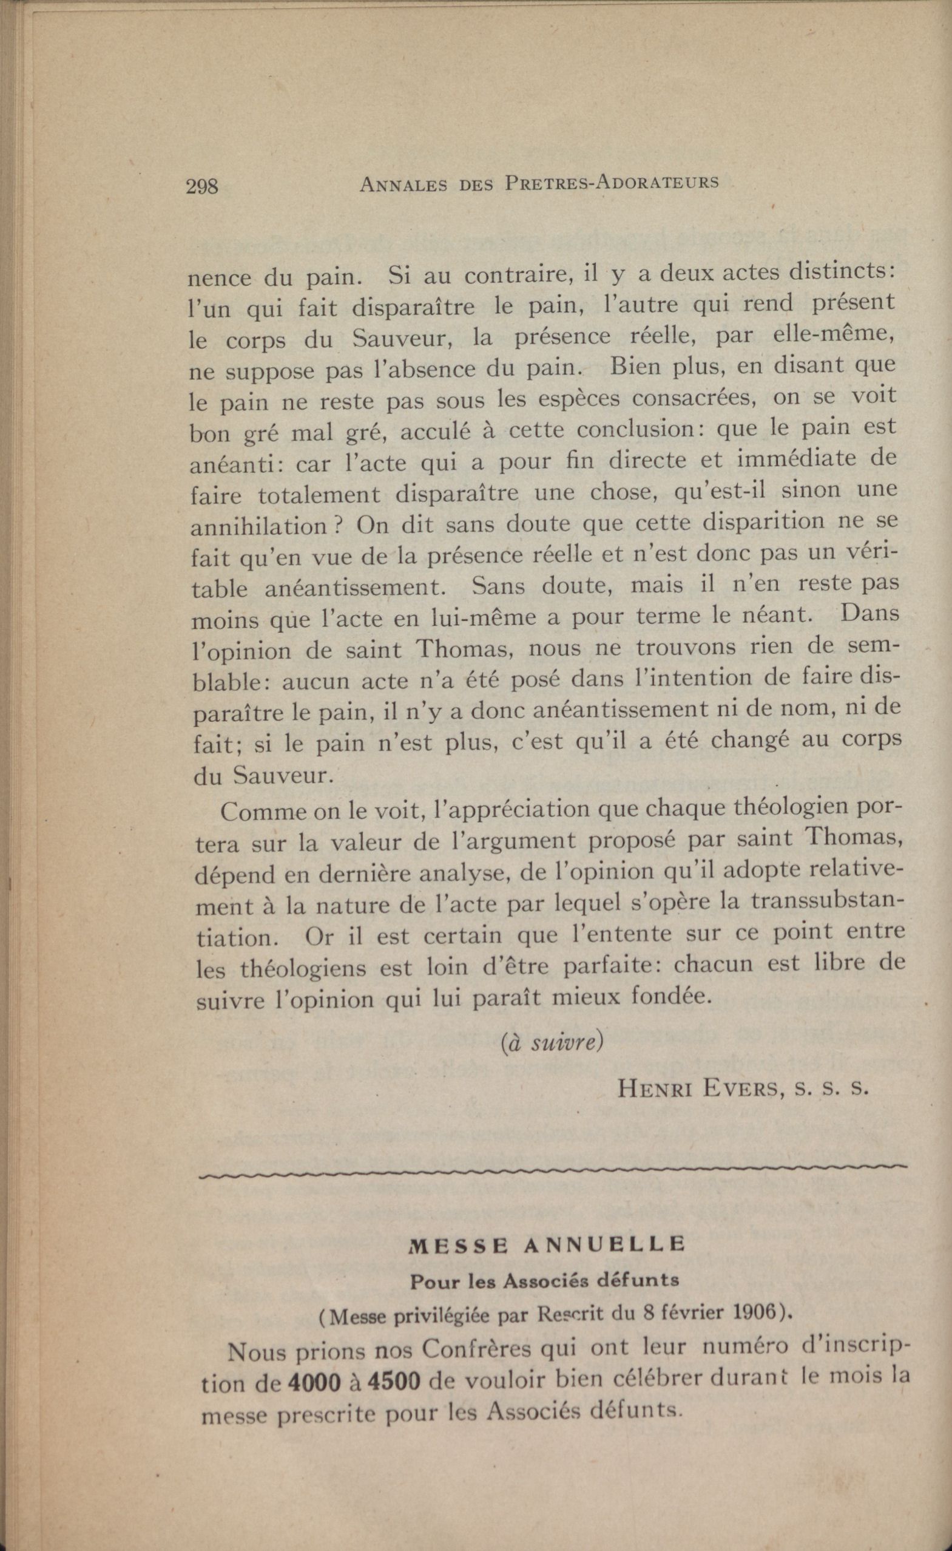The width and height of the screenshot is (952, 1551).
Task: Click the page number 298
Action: pyautogui.click(x=202, y=187)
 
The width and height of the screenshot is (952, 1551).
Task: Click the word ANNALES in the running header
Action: pyautogui.click(x=403, y=185)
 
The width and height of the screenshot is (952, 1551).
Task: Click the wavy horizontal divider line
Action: pyautogui.click(x=552, y=1174)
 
